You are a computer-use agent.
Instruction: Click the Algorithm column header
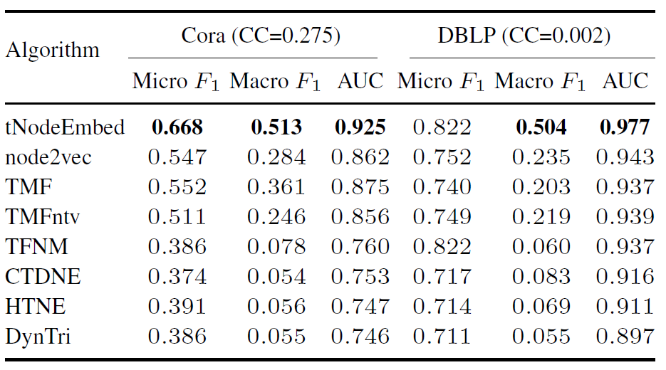coord(52,51)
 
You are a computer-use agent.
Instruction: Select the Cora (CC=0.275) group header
coord(261,36)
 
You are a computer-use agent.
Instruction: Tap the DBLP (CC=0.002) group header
coord(524,36)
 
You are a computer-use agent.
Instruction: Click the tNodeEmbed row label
coord(65,127)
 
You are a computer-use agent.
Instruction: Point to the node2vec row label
coord(48,157)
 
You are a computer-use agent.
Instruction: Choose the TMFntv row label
coord(43,217)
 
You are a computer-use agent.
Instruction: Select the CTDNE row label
coord(43,277)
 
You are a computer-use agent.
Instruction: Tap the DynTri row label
coord(38,337)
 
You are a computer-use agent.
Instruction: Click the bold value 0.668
coord(177,127)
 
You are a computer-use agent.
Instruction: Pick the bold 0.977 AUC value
coord(625,127)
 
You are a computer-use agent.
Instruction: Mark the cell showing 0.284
coord(276,157)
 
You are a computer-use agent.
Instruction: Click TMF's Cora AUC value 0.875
coord(360,187)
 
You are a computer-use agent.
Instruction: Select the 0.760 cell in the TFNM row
coord(360,247)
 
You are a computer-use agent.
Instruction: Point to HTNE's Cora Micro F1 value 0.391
coord(177,307)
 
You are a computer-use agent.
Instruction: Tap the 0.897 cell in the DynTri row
coord(625,337)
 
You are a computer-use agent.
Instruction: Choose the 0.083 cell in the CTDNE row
coord(541,277)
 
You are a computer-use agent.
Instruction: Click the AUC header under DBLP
coord(625,81)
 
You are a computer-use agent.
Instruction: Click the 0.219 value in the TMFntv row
coord(541,217)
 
